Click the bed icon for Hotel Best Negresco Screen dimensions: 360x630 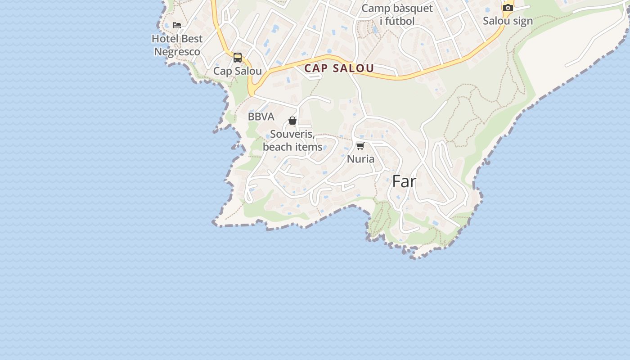coord(177,25)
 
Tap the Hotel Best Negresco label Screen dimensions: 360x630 coord(177,45)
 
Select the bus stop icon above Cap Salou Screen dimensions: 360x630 coord(238,58)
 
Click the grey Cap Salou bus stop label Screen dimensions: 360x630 coord(238,71)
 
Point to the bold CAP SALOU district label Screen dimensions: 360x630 coord(339,68)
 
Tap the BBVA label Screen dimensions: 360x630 coord(261,117)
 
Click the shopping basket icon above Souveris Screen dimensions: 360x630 coord(292,121)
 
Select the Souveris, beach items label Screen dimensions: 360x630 coord(292,140)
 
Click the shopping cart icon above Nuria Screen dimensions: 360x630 coord(360,146)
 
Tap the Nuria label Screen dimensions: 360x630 coord(360,159)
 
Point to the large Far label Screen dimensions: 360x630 coord(404,181)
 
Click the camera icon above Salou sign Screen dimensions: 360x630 coord(508,8)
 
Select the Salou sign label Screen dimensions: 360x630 coord(508,21)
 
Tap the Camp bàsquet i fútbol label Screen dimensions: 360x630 coord(397,14)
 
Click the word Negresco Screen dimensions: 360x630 coord(177,52)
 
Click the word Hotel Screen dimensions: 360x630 coord(164,39)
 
